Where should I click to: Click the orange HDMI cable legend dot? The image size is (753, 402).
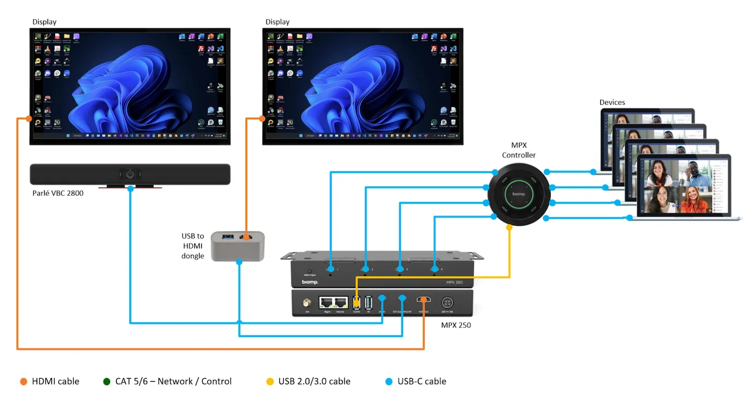click(23, 381)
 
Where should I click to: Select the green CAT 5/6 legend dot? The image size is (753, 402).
click(107, 381)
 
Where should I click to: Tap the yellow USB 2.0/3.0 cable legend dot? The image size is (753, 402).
click(270, 381)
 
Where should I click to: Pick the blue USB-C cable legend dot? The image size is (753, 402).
click(389, 381)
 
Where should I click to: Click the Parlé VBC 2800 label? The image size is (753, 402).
click(57, 193)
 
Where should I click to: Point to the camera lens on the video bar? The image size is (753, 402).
click(130, 175)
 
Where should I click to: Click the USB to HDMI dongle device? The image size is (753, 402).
click(238, 245)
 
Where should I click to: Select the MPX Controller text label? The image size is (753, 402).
click(519, 151)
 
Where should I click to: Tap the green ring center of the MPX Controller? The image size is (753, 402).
click(518, 194)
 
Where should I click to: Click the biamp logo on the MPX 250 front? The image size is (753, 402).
click(310, 282)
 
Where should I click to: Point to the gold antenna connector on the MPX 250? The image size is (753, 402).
click(307, 302)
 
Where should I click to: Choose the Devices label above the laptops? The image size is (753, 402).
click(612, 102)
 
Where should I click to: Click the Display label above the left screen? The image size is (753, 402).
click(44, 22)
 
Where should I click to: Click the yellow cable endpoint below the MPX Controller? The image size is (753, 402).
click(509, 227)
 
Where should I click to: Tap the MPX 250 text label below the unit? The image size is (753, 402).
click(456, 325)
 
